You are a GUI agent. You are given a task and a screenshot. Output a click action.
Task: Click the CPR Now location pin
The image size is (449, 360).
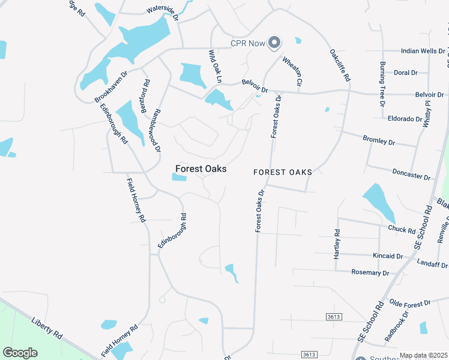274,42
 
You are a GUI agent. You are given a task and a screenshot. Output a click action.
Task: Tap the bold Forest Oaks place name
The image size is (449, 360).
200,169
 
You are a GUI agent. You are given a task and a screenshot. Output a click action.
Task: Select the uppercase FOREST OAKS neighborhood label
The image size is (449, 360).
283,172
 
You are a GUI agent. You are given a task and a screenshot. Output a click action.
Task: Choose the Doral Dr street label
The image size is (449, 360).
406,73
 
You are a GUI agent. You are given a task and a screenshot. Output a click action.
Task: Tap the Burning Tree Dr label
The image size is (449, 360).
382,83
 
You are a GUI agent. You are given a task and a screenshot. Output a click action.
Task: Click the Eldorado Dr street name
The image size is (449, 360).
405,119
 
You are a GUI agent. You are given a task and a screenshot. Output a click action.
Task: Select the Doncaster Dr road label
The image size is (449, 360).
411,174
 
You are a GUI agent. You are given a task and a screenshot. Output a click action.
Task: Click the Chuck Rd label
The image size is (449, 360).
402,229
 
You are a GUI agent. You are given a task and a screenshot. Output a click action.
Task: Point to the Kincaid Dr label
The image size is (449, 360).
387,256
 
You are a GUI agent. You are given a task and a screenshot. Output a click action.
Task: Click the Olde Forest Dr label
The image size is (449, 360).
411,304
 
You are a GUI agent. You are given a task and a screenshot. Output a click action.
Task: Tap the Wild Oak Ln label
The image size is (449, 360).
215,67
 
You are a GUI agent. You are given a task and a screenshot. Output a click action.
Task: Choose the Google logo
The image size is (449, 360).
20,352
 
